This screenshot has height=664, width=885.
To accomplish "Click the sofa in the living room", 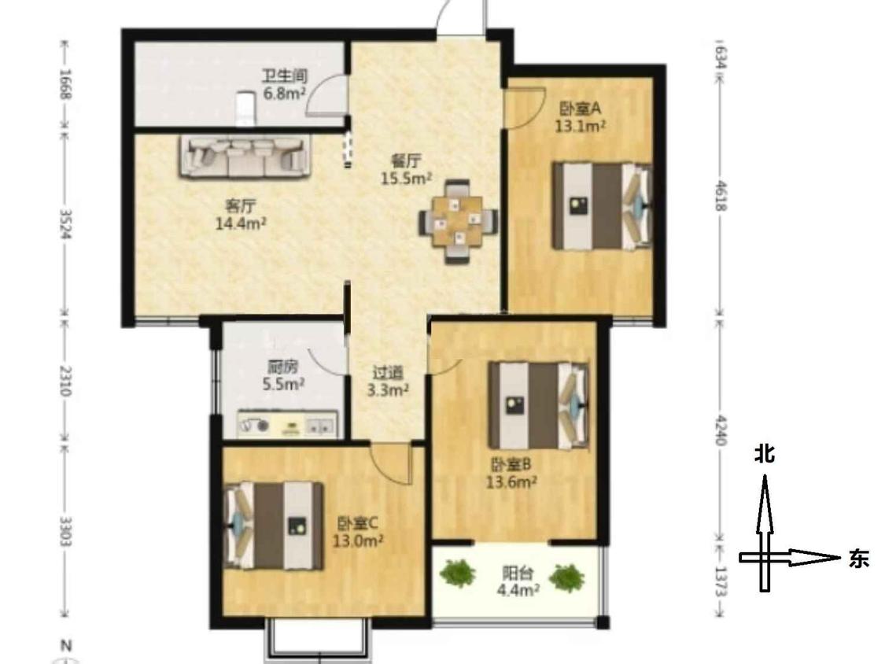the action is (245, 157).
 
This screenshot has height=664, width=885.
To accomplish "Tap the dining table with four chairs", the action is (458, 221).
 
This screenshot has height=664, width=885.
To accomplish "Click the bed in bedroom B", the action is (539, 405).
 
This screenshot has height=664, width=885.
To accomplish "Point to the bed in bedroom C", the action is (274, 526).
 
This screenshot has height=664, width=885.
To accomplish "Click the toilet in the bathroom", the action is (245, 109).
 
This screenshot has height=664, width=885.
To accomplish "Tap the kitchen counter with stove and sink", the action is (287, 424).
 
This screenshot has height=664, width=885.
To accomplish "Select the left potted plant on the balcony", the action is (457, 573).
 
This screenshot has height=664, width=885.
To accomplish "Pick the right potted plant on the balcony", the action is (566, 577).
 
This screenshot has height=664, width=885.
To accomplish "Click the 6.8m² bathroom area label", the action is (285, 94).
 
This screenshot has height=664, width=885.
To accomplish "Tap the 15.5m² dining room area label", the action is (407, 179).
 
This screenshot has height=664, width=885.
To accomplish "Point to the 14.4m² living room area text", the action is (241, 224).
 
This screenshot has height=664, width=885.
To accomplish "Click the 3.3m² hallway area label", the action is (388, 389).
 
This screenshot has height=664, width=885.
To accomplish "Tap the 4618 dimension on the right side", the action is (721, 196).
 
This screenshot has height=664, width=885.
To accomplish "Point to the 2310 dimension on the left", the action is (65, 381).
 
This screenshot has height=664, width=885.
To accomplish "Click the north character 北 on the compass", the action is (765, 453).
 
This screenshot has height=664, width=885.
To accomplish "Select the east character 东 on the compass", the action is (858, 559).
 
